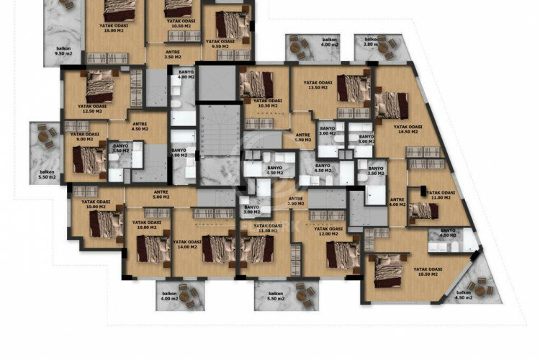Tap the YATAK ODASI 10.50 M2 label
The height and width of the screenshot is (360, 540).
[x=173, y=23]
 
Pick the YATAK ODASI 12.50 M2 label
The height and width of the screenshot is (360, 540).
[x=94, y=109]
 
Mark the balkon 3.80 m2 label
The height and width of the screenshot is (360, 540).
[x=372, y=42]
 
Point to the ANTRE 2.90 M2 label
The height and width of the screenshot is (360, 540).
[x=295, y=202]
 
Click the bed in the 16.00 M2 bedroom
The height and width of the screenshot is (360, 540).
[x=119, y=9]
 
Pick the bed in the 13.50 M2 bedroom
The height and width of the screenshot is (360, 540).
[x=354, y=89]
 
